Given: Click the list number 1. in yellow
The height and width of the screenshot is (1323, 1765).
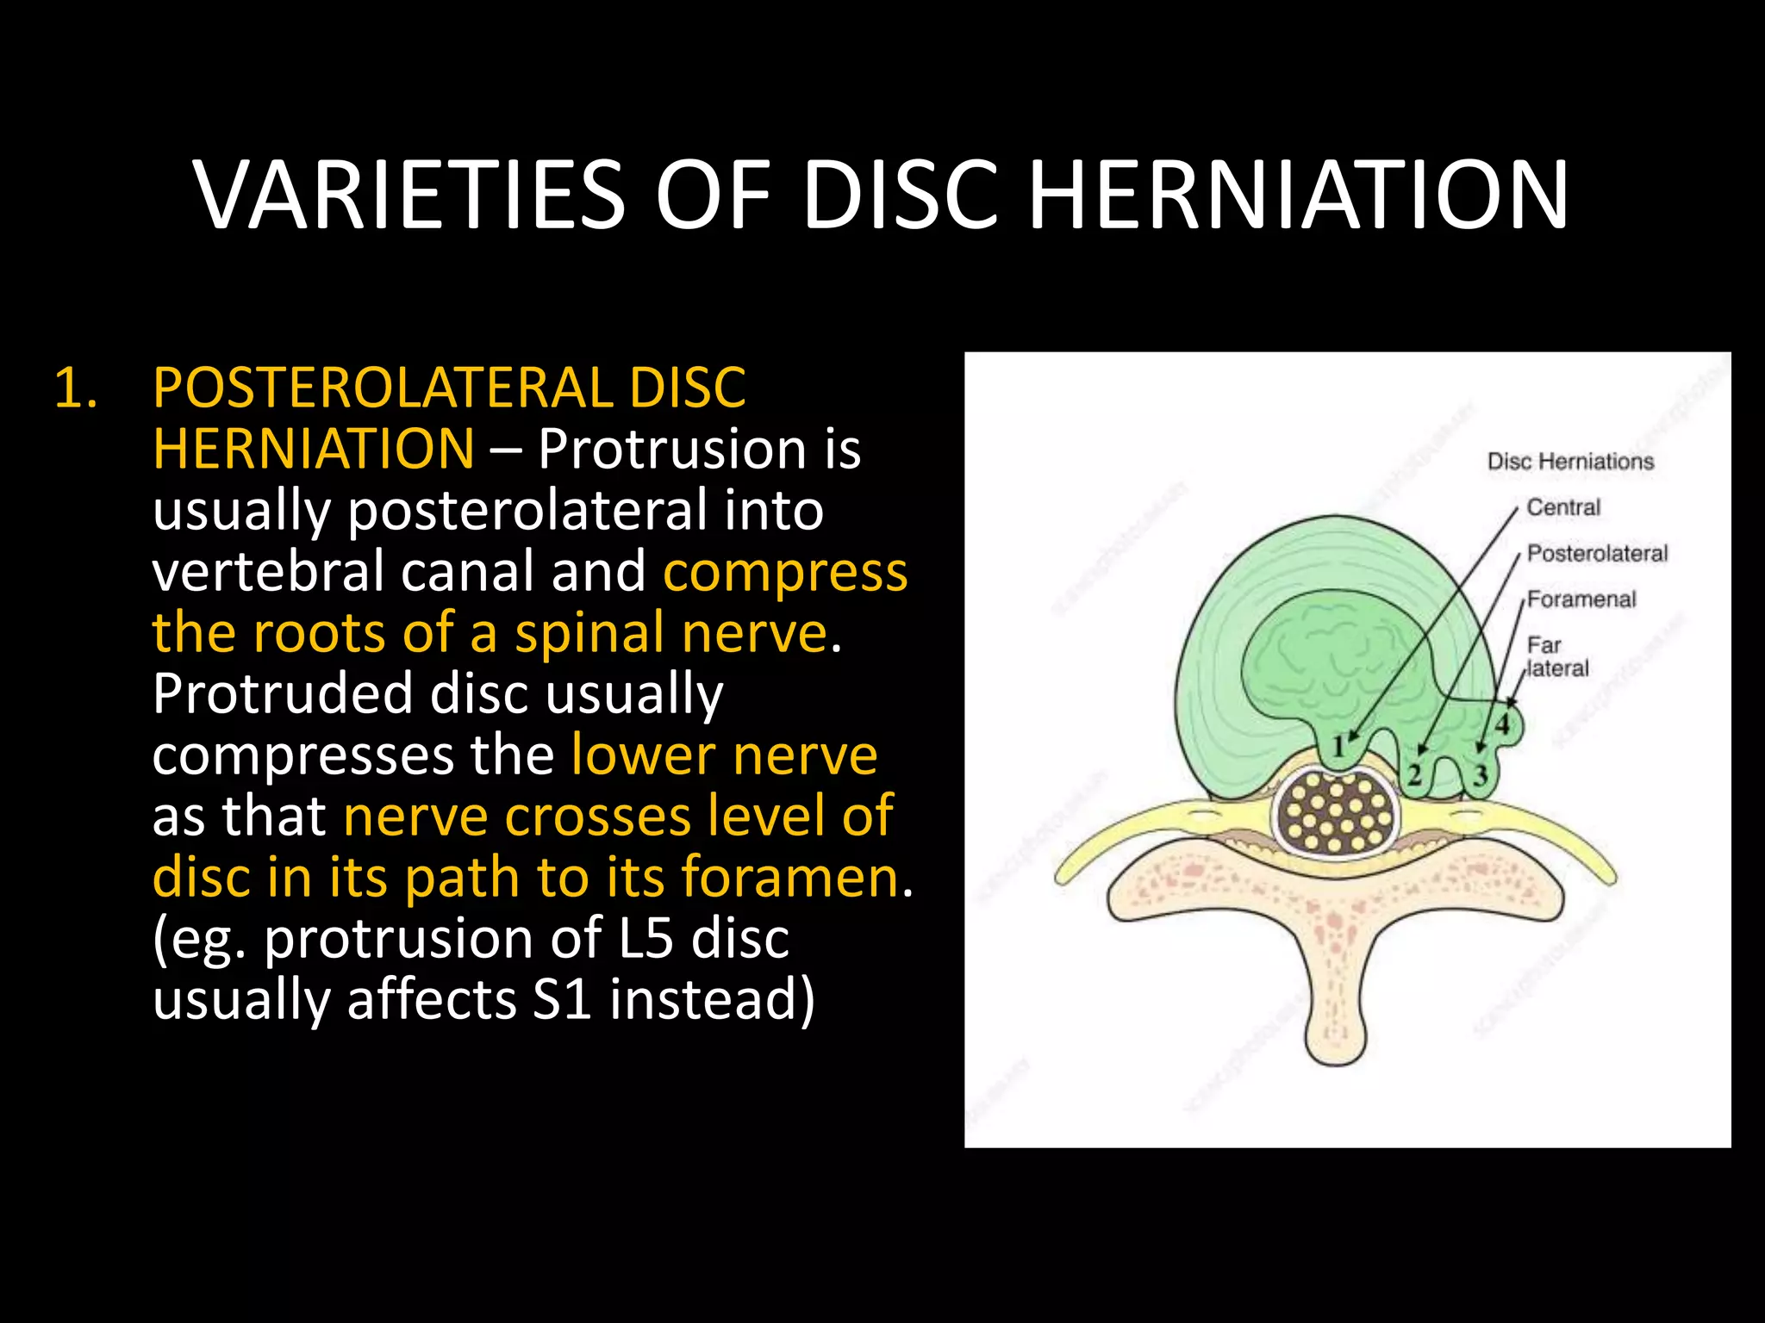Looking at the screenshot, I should (x=76, y=388).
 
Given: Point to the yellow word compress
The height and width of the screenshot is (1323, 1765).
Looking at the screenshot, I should (x=785, y=571).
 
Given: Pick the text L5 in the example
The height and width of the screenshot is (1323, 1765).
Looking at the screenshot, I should (x=646, y=938).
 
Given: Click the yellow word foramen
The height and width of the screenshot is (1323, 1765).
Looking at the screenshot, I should (x=789, y=877).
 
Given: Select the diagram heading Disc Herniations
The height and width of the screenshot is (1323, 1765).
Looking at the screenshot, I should (x=1570, y=462).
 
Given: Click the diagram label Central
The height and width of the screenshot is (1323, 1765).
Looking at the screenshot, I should (x=1563, y=507).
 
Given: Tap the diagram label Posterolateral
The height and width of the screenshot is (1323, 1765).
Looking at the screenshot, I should (x=1597, y=553).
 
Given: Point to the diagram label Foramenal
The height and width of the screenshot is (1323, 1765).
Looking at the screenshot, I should (x=1581, y=599).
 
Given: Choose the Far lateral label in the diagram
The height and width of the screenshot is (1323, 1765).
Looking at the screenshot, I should (x=1556, y=656).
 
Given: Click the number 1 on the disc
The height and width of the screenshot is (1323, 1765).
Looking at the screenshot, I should (x=1338, y=746).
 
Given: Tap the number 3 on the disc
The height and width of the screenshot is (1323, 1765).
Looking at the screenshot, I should (x=1481, y=776).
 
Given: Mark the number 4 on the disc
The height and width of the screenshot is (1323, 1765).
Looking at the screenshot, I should (x=1503, y=724).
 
